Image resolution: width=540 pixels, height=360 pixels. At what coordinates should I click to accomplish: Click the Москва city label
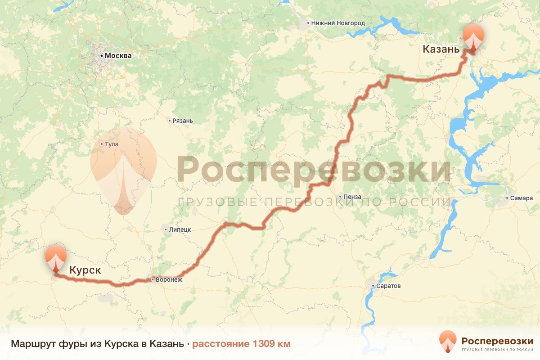click(118, 56)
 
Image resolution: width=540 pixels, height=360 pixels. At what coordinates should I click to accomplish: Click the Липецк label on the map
click(180, 229)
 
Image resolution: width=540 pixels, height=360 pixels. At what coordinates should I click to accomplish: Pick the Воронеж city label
click(169, 279)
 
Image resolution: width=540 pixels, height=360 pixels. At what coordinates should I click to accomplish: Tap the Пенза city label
click(352, 197)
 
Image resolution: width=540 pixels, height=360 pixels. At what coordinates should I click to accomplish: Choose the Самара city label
click(522, 198)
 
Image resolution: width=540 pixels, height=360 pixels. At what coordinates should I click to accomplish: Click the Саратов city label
click(390, 286)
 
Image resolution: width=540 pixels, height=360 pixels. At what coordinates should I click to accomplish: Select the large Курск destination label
click(85, 270)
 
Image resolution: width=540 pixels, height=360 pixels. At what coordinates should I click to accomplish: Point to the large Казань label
click(441, 49)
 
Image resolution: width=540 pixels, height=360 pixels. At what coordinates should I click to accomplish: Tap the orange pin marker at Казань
click(474, 38)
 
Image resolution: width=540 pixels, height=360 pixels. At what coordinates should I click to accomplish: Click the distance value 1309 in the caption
click(265, 344)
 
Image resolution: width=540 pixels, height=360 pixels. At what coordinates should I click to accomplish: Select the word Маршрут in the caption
click(33, 344)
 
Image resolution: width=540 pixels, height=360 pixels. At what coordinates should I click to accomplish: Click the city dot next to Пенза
click(340, 197)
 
